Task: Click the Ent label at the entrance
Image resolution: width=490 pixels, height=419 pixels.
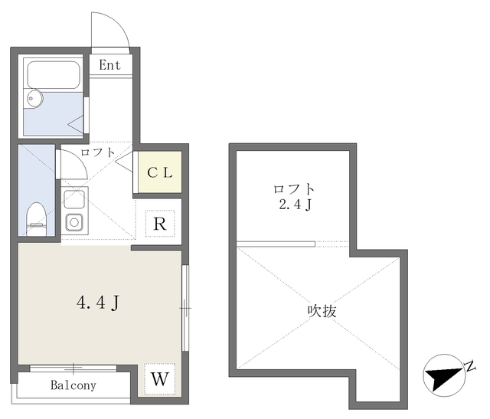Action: (x=109, y=65)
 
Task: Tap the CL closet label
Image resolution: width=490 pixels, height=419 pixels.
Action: (x=160, y=172)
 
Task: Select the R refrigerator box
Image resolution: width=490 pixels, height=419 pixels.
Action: (x=160, y=224)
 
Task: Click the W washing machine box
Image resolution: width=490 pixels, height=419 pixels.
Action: (x=158, y=378)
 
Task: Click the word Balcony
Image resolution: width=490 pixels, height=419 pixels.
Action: (x=73, y=385)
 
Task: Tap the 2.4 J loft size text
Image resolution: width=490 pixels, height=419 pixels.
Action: (x=295, y=205)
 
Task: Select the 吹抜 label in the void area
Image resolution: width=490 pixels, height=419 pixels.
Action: (x=322, y=312)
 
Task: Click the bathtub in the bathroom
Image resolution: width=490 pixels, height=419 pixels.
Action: (x=54, y=75)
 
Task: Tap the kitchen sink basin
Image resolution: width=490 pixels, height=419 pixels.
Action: (x=75, y=223)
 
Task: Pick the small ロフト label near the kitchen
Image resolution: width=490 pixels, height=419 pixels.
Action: (x=97, y=152)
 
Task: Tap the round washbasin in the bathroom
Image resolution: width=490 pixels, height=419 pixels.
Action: (x=34, y=98)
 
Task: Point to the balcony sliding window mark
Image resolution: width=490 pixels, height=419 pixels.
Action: (x=73, y=368)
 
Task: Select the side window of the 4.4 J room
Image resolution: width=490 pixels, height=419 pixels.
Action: (x=185, y=307)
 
